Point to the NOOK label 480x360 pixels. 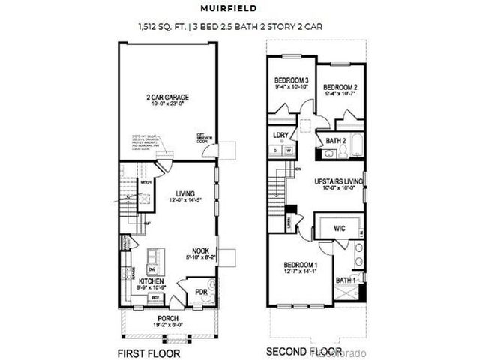(199, 250)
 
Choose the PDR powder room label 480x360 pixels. (200, 291)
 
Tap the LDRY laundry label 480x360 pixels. (282, 136)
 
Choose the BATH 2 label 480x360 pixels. (335, 140)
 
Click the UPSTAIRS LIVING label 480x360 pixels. (339, 181)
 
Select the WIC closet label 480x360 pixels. (339, 228)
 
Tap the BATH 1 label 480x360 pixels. (345, 280)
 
